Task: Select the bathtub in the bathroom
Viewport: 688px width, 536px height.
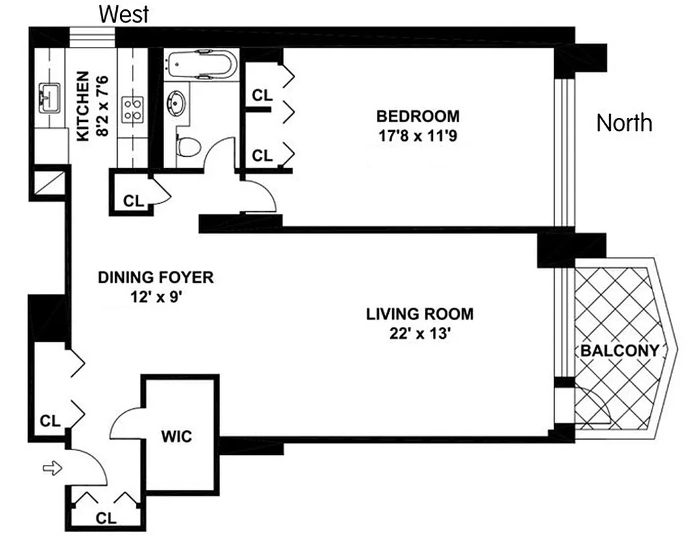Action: (x=201, y=65)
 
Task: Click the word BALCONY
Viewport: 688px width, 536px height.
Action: (x=620, y=350)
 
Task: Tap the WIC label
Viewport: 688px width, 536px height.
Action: (x=177, y=437)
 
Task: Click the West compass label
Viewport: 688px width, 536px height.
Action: (x=124, y=13)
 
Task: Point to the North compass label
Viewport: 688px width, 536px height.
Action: (x=624, y=123)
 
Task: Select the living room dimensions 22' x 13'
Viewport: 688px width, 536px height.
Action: (x=419, y=333)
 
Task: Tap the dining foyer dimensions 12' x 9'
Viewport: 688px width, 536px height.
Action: (x=156, y=296)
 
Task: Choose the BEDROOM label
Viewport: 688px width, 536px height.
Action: (x=418, y=117)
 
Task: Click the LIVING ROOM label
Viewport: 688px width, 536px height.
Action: (x=420, y=314)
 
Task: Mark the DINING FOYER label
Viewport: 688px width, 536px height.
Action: (x=155, y=277)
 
